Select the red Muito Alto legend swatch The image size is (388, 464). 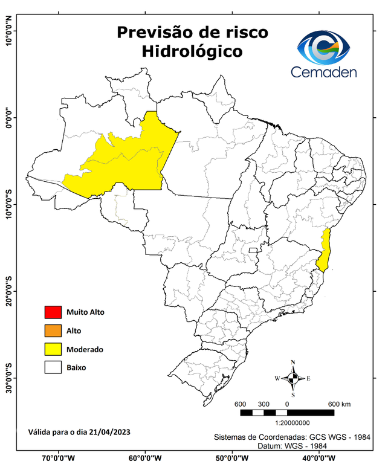coord(53,312)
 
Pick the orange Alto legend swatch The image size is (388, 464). coord(53,330)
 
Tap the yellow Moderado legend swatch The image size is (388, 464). coord(53,349)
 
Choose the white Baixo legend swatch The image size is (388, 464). coord(53,367)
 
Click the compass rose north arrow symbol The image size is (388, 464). coord(293,378)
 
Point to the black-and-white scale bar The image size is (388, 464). coord(287,412)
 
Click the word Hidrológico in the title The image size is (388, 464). coord(192,52)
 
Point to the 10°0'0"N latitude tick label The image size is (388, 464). coord(9,30)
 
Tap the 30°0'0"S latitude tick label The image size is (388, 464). coord(9,378)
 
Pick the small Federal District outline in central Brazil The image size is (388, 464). coord(253,249)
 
